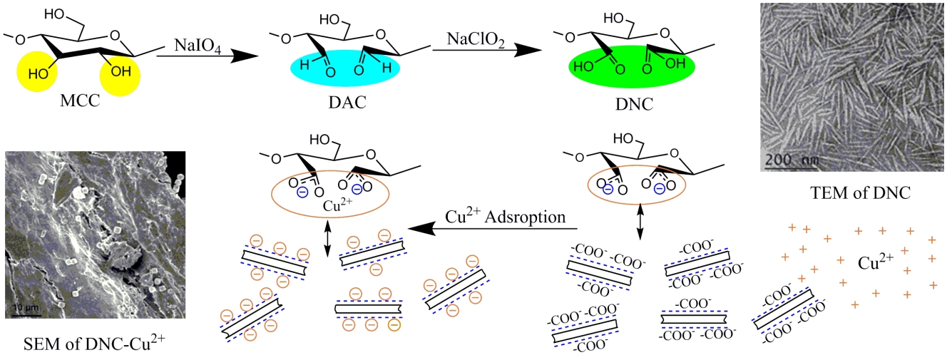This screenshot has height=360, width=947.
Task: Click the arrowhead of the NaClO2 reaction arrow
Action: pyautogui.click(x=526, y=50)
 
